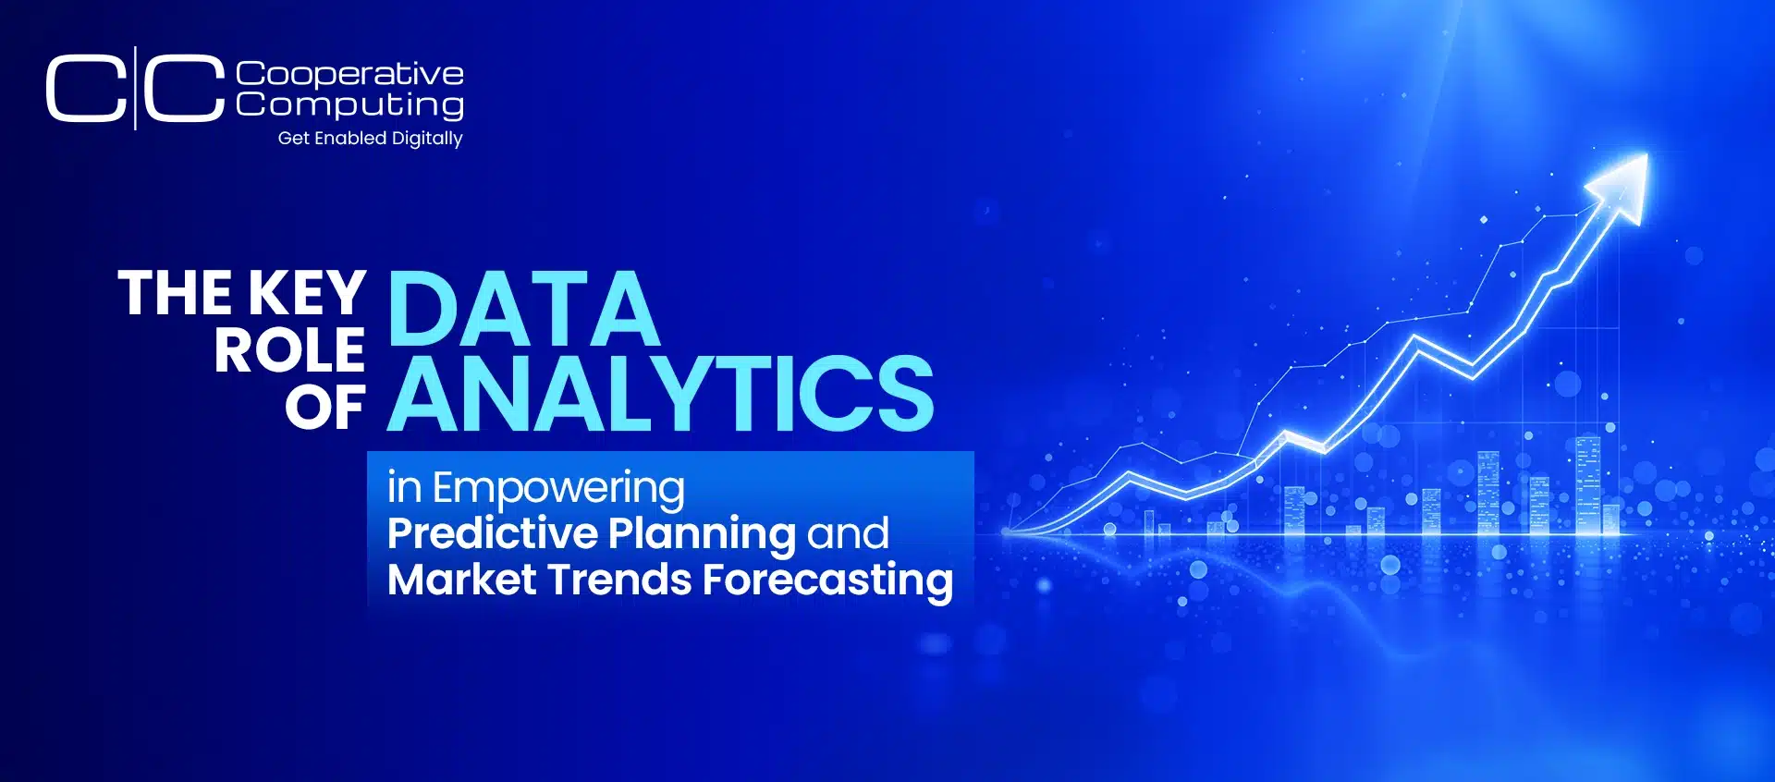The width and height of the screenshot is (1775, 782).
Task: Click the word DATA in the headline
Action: (x=523, y=309)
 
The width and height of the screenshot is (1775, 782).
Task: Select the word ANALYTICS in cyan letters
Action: (x=660, y=395)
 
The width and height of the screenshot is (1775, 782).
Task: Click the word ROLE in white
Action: (x=289, y=351)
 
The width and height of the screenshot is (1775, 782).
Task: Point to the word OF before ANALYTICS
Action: (x=324, y=408)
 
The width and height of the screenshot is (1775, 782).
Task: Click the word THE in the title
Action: (x=176, y=294)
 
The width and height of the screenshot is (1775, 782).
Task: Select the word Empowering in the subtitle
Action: (x=558, y=488)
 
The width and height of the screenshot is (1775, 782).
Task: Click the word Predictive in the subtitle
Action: (x=493, y=533)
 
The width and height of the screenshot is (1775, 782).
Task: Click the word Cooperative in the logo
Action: (x=349, y=74)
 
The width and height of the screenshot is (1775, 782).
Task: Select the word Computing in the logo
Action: (x=349, y=104)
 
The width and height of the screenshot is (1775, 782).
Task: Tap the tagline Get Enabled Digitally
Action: (x=370, y=138)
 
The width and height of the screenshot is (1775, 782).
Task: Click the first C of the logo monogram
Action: (x=85, y=89)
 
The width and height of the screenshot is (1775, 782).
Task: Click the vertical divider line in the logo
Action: (x=135, y=88)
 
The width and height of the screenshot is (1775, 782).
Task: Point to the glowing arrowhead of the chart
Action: (x=1622, y=185)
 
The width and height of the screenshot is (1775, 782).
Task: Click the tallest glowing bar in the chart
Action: (x=1587, y=484)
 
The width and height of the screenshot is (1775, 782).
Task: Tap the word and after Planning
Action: (x=848, y=534)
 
